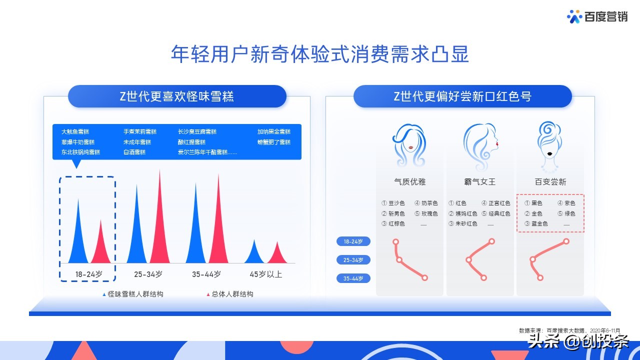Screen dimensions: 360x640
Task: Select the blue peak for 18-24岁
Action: tap(78, 240)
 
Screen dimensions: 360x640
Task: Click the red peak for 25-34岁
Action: tap(160, 230)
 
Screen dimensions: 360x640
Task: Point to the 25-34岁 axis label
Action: tap(148, 274)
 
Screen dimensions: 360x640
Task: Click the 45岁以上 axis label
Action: tap(266, 274)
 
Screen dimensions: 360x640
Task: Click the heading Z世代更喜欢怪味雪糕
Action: tap(177, 96)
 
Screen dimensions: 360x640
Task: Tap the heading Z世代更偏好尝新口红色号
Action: tap(462, 96)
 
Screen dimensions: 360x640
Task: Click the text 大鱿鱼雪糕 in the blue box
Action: tap(75, 131)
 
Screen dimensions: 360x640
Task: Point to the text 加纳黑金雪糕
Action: tap(274, 131)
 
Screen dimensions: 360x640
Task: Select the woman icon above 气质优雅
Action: tap(409, 145)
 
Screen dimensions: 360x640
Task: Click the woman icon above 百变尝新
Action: tap(550, 142)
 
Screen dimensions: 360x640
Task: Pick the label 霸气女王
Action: tap(479, 182)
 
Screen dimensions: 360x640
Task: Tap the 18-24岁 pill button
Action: tap(353, 241)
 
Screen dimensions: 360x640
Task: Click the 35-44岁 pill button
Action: tap(353, 278)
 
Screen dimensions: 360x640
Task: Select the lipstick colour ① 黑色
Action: tap(533, 203)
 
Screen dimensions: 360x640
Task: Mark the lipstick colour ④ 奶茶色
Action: tap(426, 203)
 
